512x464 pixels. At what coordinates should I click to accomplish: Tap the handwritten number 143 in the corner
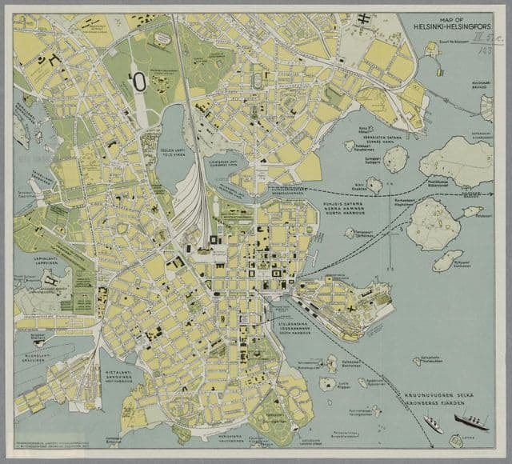483,50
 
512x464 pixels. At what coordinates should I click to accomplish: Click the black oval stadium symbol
138,82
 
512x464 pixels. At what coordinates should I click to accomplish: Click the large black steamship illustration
471,420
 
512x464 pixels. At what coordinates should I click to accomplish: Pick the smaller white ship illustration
433,422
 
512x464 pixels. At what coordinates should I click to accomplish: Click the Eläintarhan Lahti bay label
226,163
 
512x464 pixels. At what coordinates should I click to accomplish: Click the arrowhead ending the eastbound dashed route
490,193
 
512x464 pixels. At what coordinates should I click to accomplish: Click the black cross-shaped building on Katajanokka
350,305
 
